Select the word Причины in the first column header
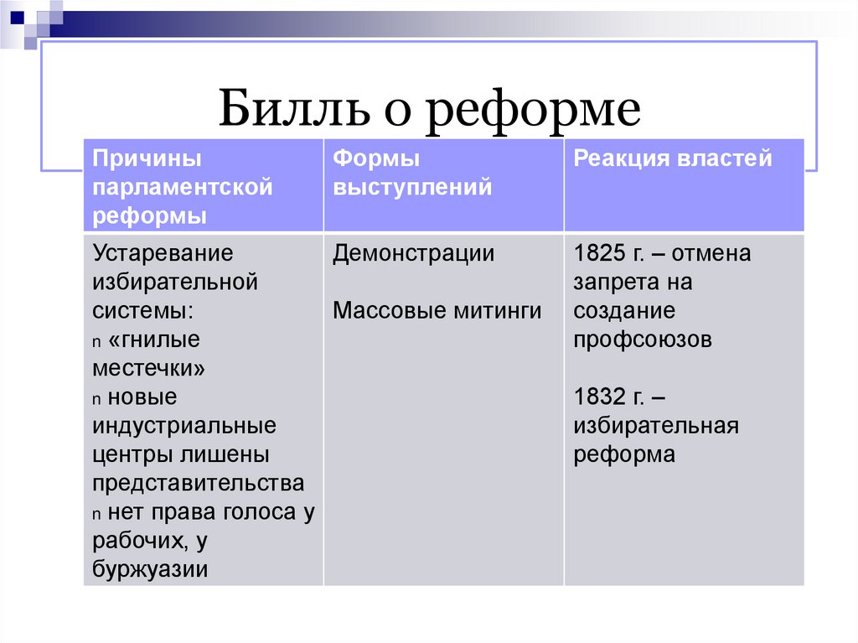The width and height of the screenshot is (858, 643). pyautogui.click(x=147, y=158)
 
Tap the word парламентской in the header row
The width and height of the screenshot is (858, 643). pyautogui.click(x=183, y=187)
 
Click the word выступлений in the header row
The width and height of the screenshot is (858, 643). pyautogui.click(x=411, y=187)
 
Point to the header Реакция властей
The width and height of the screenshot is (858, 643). pyautogui.click(x=672, y=158)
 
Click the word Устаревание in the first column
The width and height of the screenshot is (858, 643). pyautogui.click(x=163, y=253)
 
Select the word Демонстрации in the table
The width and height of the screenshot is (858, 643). pyautogui.click(x=413, y=253)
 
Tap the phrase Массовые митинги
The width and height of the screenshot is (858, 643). pyautogui.click(x=437, y=311)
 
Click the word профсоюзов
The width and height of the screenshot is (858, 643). pyautogui.click(x=643, y=340)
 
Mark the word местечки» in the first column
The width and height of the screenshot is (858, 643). pyautogui.click(x=149, y=368)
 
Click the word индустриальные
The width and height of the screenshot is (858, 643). pyautogui.click(x=184, y=426)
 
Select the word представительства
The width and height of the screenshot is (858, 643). pyautogui.click(x=199, y=484)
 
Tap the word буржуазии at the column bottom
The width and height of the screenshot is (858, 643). pyautogui.click(x=151, y=569)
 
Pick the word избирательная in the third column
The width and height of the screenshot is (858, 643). pyautogui.click(x=655, y=426)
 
